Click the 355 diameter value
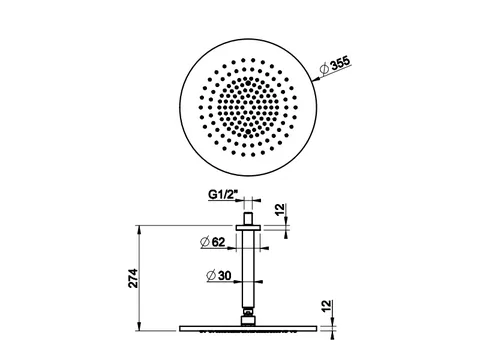point(340,63)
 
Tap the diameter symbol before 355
point(324,68)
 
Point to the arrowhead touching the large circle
point(316,79)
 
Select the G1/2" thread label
point(221,194)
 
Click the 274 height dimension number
point(133,278)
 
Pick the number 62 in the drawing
point(218,242)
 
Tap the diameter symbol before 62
point(205,242)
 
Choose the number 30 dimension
point(225,276)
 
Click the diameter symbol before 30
point(211,276)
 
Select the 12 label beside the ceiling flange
point(281,210)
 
